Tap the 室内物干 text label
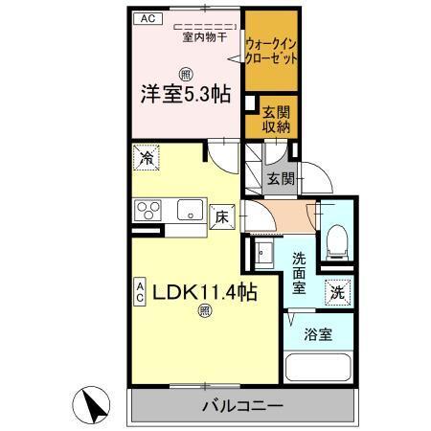click(203, 37)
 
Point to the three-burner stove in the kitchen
click(148, 210)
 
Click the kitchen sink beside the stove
click(187, 210)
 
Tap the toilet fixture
click(336, 239)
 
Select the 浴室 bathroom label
click(319, 335)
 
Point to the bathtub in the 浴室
click(319, 369)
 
